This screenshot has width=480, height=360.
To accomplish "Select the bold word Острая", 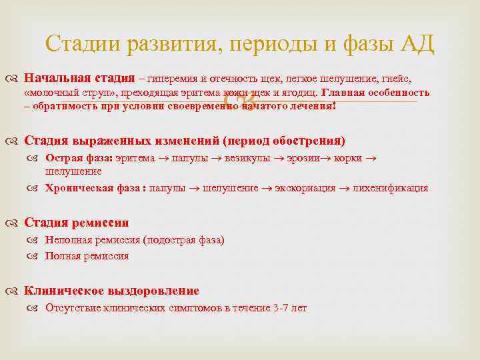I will pos(62,158).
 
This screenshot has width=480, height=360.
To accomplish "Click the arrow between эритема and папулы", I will pos(163,159).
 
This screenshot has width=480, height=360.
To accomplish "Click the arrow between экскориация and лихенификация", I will pos(342,189).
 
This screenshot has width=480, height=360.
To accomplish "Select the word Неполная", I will pos(66,240).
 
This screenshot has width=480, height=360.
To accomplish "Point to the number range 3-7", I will pos(281,308).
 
